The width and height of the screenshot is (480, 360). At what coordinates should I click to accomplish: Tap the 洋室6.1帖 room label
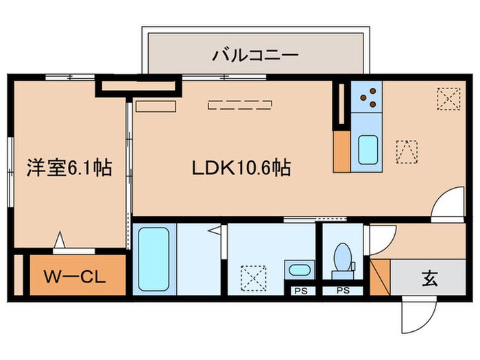point(70,167)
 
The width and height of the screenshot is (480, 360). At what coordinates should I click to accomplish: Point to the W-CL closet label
point(75,278)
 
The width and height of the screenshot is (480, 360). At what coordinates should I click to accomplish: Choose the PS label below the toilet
point(343,291)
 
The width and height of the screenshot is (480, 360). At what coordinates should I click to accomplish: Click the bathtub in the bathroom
point(152,259)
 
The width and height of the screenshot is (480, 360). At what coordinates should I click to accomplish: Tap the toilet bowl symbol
point(342,259)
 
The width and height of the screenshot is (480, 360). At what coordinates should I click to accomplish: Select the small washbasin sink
point(298,269)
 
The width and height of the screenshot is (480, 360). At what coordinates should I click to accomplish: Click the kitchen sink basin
point(368,147)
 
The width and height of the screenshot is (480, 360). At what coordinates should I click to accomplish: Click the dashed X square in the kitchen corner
point(448,99)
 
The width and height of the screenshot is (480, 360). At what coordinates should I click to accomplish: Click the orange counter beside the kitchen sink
point(341,149)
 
